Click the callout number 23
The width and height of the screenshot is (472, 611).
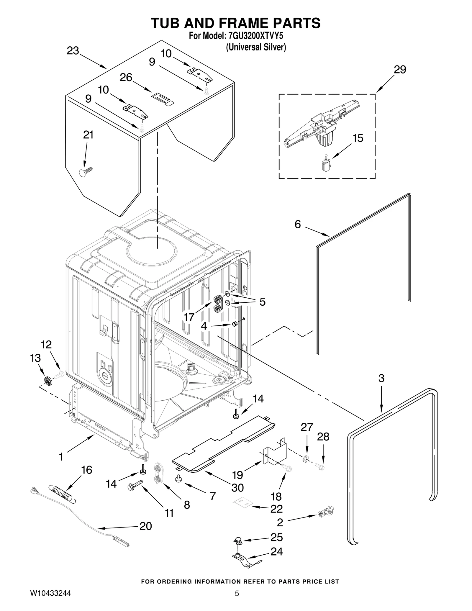[73, 51]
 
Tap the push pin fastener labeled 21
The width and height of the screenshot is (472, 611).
[86, 172]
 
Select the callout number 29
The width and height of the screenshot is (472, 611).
[400, 70]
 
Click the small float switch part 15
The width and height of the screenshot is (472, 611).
[326, 164]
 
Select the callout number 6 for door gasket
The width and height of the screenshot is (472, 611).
[298, 225]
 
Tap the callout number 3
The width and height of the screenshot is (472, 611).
[381, 378]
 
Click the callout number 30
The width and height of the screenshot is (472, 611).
[237, 488]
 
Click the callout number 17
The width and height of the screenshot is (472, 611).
[189, 317]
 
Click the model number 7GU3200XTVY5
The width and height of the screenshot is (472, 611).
[255, 36]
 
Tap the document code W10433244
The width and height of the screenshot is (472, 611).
[50, 593]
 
